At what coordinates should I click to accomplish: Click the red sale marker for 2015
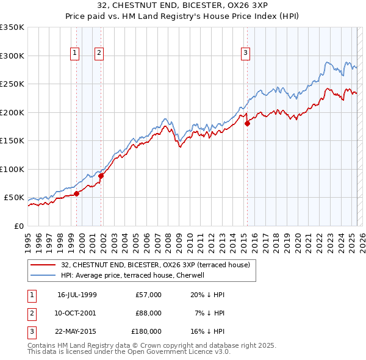(x=247, y=124)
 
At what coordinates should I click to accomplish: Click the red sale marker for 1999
(x=76, y=193)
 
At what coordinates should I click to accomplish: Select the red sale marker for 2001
(x=101, y=176)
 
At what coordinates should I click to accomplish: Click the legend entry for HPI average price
(x=132, y=275)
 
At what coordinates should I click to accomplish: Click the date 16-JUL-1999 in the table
(x=77, y=295)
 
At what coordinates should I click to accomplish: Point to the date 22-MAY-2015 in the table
(x=77, y=331)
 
